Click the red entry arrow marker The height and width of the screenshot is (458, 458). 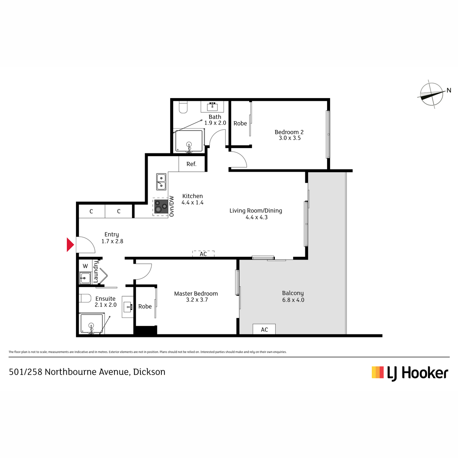(70, 244)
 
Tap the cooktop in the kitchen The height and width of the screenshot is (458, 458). (161, 206)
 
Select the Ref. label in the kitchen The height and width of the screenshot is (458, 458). (191, 164)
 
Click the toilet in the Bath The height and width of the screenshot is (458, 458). (183, 107)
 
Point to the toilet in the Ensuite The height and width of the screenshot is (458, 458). (85, 298)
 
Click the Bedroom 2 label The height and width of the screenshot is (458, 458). (289, 132)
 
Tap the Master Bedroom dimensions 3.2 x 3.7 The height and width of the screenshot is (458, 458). (197, 300)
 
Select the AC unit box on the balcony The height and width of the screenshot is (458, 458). (264, 329)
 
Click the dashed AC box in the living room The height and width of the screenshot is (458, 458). (203, 254)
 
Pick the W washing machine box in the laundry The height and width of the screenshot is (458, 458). (85, 266)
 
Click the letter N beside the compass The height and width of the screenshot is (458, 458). (449, 90)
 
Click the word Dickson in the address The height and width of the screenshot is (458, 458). (149, 372)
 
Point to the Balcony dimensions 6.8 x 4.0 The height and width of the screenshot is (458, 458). (293, 300)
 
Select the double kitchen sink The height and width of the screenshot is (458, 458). (161, 182)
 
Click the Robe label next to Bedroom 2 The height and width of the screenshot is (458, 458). (240, 123)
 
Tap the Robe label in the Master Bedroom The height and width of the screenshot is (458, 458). (145, 306)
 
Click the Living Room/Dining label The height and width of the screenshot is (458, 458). (256, 211)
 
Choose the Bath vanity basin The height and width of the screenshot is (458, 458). (212, 106)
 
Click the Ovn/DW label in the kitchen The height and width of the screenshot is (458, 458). (172, 206)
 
